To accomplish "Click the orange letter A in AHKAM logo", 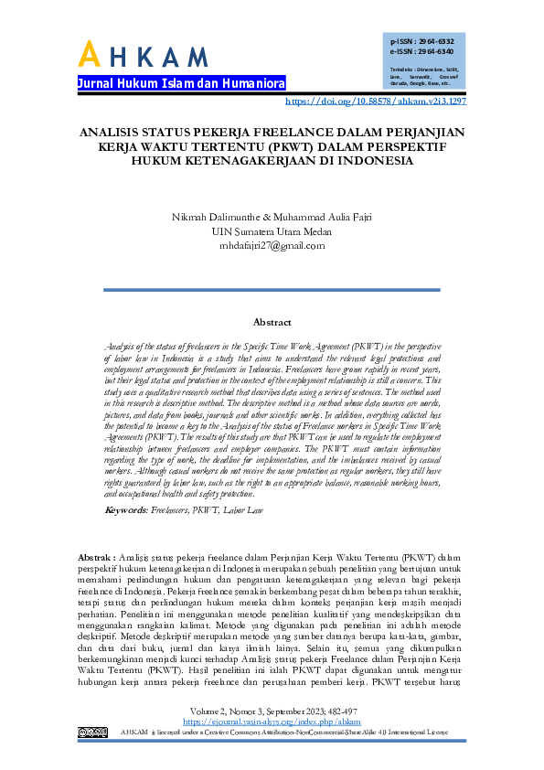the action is point(89,55).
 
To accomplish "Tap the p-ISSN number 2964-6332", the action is point(434,42).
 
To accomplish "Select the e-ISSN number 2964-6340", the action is point(434,52).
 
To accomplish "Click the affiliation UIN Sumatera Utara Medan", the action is point(272,231).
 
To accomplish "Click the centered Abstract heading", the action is point(272,322).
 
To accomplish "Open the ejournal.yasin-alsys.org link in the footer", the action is point(272,721).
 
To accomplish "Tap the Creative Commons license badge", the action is point(93,732).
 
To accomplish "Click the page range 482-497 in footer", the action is point(336,710).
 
